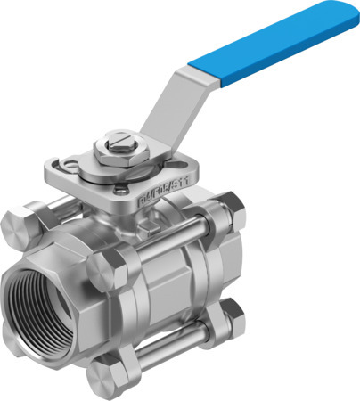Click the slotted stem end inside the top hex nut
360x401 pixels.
[x=119, y=139]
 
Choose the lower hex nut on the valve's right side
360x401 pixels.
[x=231, y=316]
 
